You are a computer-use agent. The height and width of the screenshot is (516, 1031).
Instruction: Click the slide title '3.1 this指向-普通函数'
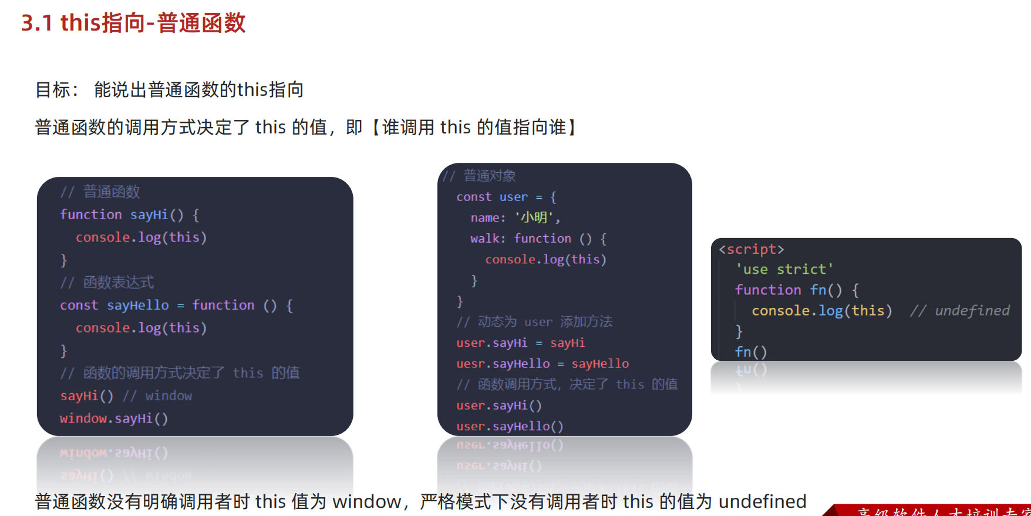pos(133,24)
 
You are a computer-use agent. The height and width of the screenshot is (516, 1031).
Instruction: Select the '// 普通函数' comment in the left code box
pos(100,192)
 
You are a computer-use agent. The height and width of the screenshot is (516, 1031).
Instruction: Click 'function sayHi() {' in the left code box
pos(129,215)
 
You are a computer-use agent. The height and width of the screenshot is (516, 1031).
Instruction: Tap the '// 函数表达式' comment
pos(107,282)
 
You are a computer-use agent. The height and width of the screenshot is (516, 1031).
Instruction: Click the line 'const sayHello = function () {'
pos(176,305)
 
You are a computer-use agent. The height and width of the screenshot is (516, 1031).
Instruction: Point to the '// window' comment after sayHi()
pos(157,396)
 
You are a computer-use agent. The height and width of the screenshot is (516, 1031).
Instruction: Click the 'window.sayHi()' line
pos(114,418)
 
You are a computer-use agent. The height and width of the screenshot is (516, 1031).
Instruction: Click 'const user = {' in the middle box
pos(506,197)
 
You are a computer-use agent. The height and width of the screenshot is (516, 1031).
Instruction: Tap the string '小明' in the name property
pos(534,217)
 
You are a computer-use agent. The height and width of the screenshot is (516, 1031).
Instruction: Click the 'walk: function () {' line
pos(538,239)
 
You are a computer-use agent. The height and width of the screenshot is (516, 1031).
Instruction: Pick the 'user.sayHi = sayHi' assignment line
pos(520,343)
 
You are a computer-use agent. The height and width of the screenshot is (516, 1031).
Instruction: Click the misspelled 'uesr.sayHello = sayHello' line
pos(543,364)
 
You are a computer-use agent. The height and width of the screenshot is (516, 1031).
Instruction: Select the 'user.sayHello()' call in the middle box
pos(510,426)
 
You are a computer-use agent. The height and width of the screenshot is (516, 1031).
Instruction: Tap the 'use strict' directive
pos(784,269)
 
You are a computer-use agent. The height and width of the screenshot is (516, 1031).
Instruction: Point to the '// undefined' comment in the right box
pos(959,310)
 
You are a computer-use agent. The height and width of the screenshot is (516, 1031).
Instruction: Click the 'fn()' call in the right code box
pos(751,351)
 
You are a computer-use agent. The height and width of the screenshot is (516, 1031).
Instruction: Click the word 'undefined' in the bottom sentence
pos(762,501)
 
